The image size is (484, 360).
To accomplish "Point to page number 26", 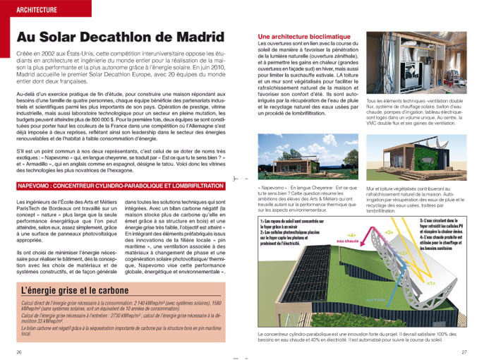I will (x=18, y=352).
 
